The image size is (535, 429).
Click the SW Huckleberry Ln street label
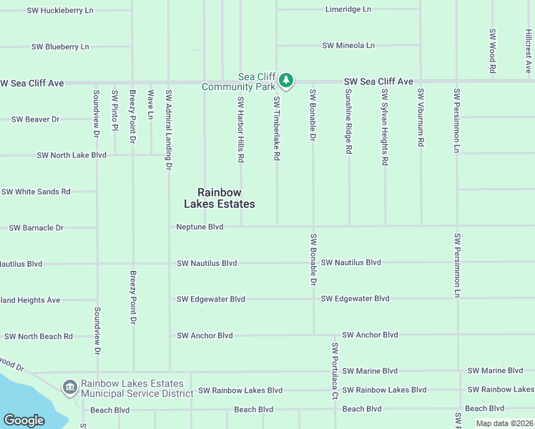(60, 11)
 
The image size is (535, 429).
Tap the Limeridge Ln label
(348, 9)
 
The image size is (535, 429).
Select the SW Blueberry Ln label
(60, 46)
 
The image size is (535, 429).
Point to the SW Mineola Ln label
(348, 46)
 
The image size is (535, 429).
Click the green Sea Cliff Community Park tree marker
(286, 80)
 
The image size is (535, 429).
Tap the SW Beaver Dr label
(35, 119)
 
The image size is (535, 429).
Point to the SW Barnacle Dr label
(36, 227)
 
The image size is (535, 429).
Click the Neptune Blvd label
(200, 227)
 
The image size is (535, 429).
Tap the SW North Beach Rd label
(39, 336)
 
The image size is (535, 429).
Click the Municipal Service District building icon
(70, 388)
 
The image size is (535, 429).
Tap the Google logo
(24, 420)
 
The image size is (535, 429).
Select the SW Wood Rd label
(493, 51)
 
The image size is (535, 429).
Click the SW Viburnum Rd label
(421, 118)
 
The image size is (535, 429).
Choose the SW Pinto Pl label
(114, 111)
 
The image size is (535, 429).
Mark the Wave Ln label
(150, 104)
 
